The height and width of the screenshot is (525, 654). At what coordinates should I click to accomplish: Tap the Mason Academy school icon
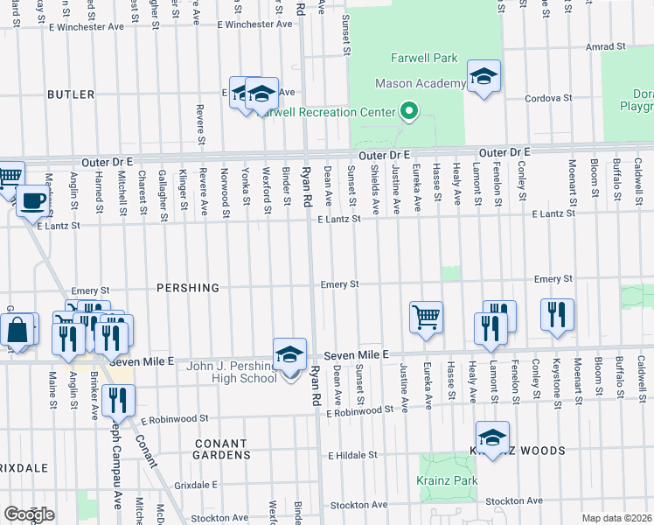[x=484, y=76]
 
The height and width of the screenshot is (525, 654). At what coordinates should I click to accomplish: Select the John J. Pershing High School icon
[x=289, y=355]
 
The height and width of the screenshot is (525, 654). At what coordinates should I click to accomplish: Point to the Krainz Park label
[x=453, y=481]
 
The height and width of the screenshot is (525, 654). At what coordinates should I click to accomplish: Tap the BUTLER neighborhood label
[x=71, y=94]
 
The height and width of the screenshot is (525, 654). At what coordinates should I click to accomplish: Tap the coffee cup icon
[x=33, y=200]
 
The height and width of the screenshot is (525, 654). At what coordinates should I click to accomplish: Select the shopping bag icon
[x=18, y=331]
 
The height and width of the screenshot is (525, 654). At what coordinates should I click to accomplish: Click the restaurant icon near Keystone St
[x=556, y=316]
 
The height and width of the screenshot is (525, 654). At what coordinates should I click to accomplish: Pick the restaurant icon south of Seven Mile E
[x=118, y=401]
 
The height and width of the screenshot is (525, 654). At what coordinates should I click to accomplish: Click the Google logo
[x=29, y=514]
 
